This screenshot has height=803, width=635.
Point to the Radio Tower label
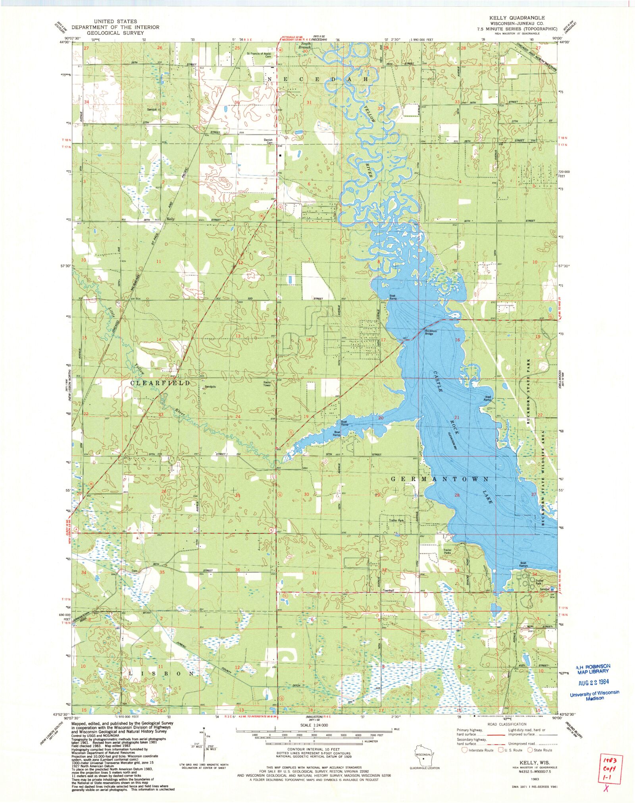(x=267, y=384)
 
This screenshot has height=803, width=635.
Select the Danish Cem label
(x=268, y=141)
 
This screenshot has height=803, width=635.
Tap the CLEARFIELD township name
(x=160, y=382)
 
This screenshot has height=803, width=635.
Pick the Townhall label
(x=388, y=591)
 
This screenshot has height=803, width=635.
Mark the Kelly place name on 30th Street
(x=171, y=219)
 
